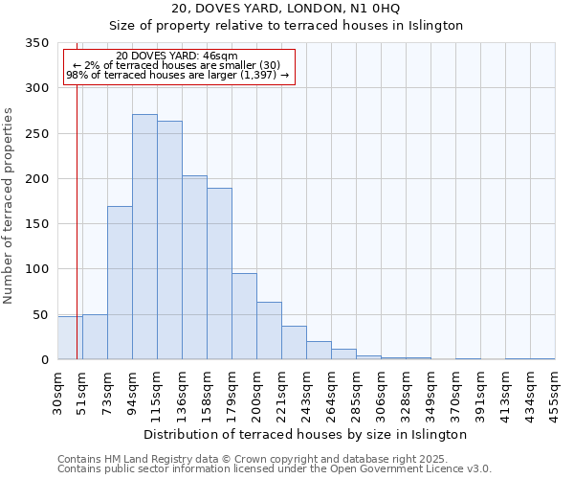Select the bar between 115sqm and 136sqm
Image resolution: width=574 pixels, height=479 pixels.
tap(169, 239)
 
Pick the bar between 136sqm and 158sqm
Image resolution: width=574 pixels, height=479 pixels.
tap(194, 267)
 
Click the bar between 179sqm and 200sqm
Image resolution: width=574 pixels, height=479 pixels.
tap(244, 316)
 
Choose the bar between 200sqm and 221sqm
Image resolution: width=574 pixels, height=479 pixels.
tap(269, 331)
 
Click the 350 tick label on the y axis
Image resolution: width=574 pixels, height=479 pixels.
tap(36, 43)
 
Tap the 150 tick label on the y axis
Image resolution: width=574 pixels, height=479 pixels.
tap(36, 224)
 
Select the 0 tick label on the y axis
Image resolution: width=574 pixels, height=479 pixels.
tap(44, 360)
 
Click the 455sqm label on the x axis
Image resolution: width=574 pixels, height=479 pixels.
tap(555, 392)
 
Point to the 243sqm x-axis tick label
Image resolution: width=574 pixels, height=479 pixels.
tap(306, 392)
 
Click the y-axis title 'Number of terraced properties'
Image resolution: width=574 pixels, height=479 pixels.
tap(9, 205)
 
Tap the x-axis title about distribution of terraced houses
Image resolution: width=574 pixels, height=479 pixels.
tap(305, 434)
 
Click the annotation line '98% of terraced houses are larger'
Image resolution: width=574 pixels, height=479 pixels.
tap(178, 75)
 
